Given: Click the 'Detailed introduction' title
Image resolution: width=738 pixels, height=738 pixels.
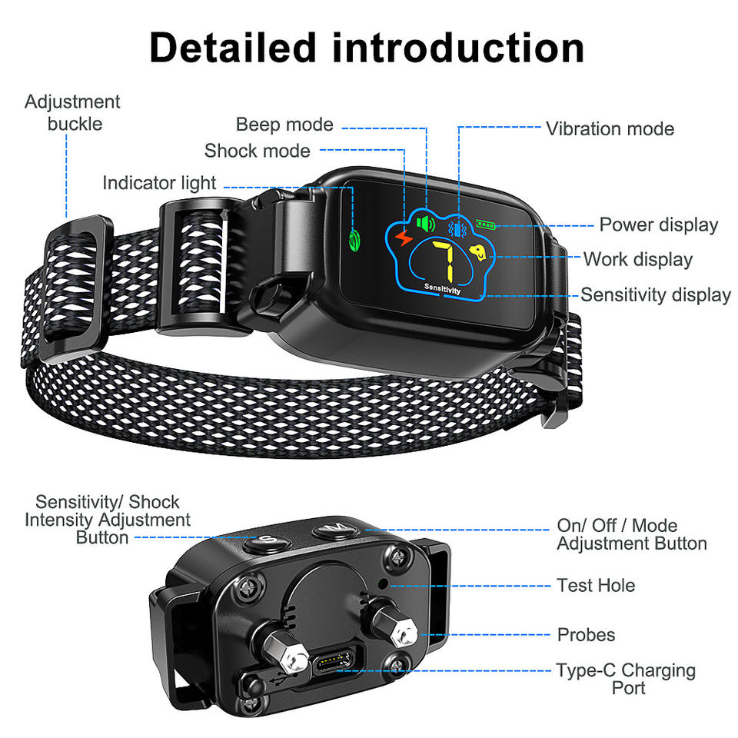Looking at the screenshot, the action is [367, 48].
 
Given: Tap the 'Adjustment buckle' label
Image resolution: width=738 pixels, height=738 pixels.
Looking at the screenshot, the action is [72, 112].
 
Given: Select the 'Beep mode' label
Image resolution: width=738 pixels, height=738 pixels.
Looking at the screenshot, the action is [284, 125].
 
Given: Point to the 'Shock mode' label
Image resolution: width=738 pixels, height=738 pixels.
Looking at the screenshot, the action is [258, 151].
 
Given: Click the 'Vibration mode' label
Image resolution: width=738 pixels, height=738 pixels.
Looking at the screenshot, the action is [610, 129].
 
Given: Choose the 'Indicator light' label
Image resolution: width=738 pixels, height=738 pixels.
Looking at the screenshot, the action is [159, 183].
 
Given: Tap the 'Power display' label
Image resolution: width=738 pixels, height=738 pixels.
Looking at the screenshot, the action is [658, 225].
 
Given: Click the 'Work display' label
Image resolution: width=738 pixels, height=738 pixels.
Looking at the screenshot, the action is [637, 259].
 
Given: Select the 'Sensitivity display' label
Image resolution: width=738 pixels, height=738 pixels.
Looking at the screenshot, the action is [655, 294].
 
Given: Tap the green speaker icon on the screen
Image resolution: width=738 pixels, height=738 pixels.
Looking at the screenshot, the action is [425, 224].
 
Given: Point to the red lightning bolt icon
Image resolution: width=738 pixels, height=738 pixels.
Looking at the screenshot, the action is [403, 240].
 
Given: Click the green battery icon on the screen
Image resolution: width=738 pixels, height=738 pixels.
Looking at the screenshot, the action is [486, 225].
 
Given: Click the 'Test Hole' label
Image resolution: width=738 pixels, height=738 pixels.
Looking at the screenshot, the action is [596, 586].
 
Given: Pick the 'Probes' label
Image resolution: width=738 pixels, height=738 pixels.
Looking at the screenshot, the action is [586, 635].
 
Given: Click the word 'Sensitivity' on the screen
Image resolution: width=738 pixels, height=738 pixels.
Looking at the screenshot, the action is [442, 290].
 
